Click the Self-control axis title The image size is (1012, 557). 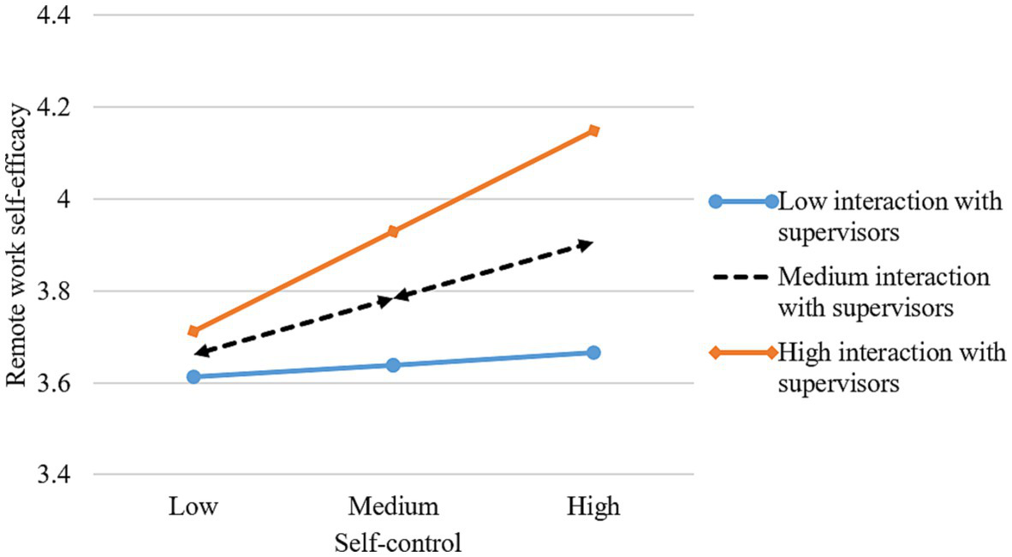393,542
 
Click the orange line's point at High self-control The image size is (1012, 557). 593,130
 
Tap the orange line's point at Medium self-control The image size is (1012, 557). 393,231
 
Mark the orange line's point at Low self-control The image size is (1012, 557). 193,331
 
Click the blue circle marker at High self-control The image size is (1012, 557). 593,352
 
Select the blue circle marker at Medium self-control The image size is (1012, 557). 393,365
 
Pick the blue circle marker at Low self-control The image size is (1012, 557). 193,376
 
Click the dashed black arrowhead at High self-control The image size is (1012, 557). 586,245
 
